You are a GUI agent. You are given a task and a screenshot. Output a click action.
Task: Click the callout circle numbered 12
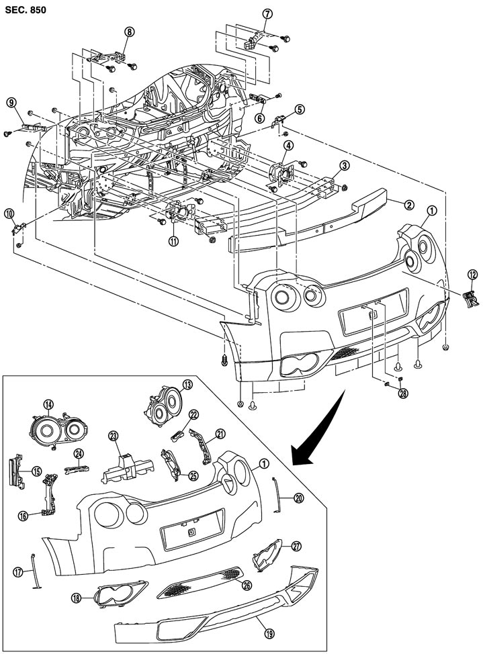pyautogui.click(x=472, y=273)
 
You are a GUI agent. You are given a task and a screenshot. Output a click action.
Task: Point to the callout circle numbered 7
pyautogui.click(x=267, y=13)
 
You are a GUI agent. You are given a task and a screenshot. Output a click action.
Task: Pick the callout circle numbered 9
pyautogui.click(x=11, y=102)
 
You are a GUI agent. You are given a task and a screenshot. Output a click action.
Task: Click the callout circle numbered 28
pyautogui.click(x=403, y=394)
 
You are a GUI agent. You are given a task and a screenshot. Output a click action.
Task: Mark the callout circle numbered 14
pyautogui.click(x=48, y=404)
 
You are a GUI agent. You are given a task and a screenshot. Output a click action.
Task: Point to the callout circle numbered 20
pyautogui.click(x=299, y=498)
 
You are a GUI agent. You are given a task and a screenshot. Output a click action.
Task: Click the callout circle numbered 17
pyautogui.click(x=18, y=571)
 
